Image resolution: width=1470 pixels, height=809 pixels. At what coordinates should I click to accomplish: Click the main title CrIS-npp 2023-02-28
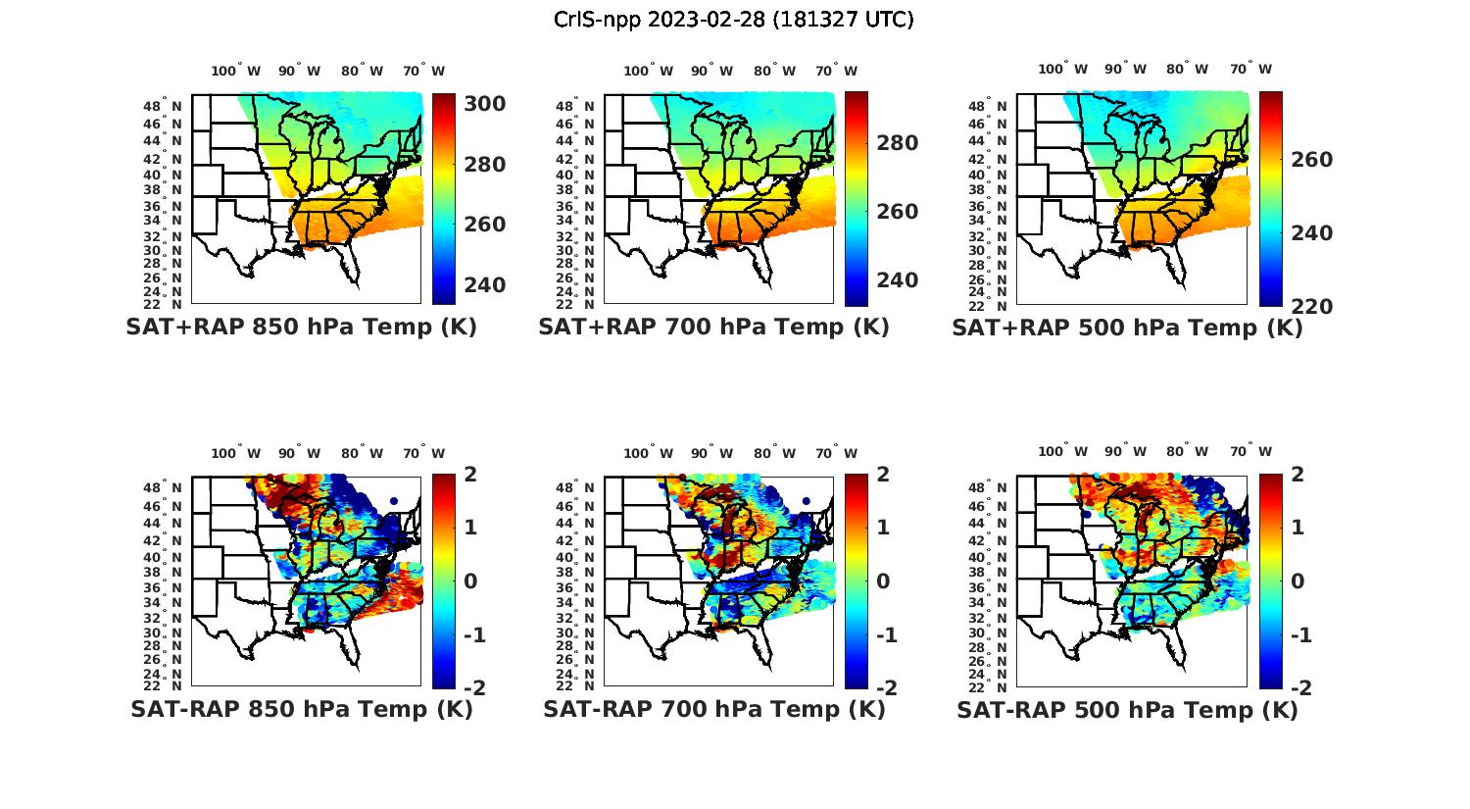click(734, 19)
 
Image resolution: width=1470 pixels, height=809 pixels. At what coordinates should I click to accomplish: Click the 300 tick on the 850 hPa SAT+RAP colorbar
click(484, 104)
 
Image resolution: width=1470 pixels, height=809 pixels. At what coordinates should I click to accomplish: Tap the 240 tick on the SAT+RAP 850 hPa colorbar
click(484, 284)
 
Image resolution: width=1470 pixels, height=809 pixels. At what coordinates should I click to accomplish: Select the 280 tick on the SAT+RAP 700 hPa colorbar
click(897, 143)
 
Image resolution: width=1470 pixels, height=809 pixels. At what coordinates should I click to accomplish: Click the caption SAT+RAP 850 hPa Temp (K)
click(301, 328)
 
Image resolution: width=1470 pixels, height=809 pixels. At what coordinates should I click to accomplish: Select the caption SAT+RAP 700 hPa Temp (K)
click(713, 328)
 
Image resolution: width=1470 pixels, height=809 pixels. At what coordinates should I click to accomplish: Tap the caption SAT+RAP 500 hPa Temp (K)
click(1127, 328)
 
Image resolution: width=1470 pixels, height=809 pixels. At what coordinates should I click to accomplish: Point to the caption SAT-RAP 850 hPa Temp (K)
click(301, 709)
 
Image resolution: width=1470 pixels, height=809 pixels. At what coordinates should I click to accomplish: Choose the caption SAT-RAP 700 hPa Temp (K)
click(713, 709)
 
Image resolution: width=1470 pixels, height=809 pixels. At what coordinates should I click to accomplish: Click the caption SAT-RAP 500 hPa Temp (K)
click(1127, 709)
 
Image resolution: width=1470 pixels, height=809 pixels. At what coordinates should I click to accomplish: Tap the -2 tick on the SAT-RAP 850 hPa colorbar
click(473, 687)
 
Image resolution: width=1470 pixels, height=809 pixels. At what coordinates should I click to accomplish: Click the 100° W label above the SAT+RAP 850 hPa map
click(236, 71)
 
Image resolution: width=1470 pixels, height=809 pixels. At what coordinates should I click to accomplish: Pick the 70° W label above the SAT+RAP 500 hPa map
click(1250, 69)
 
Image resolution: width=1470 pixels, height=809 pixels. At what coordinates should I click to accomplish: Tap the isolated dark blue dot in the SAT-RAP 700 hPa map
click(806, 501)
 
